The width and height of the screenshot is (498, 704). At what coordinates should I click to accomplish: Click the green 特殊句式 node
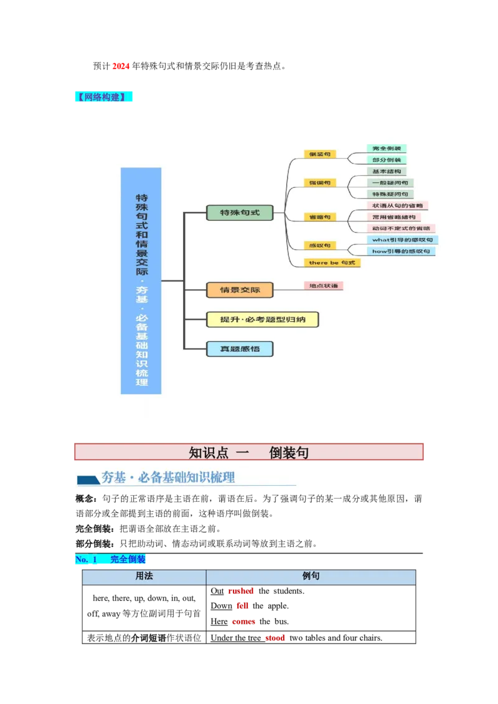[240, 213]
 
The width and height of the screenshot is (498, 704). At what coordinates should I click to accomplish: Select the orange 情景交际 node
[240, 290]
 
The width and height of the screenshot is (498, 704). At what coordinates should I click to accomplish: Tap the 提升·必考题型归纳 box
[263, 320]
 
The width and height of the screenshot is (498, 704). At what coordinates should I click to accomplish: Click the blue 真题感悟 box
[240, 349]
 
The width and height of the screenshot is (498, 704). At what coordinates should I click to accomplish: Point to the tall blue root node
[141, 280]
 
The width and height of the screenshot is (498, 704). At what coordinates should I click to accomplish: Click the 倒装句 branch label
[320, 154]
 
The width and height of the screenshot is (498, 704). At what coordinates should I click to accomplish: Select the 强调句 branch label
[320, 183]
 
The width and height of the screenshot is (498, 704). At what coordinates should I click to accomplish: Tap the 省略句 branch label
[320, 217]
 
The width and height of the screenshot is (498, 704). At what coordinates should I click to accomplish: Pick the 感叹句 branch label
[320, 246]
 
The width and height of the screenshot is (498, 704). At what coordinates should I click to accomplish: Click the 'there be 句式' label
[332, 262]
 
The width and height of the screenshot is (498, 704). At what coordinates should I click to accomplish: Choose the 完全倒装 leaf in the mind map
[387, 149]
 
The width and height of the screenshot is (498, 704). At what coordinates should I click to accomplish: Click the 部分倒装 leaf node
[387, 160]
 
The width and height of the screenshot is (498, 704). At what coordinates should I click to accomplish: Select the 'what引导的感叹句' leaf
[403, 239]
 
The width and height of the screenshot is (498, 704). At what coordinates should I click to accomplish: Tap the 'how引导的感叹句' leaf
[402, 251]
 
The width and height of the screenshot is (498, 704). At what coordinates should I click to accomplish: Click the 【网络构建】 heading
[104, 97]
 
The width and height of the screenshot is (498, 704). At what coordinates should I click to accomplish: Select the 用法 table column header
[144, 577]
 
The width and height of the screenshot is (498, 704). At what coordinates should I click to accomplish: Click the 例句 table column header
[311, 577]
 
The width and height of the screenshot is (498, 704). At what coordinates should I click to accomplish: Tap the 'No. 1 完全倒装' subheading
[111, 560]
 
